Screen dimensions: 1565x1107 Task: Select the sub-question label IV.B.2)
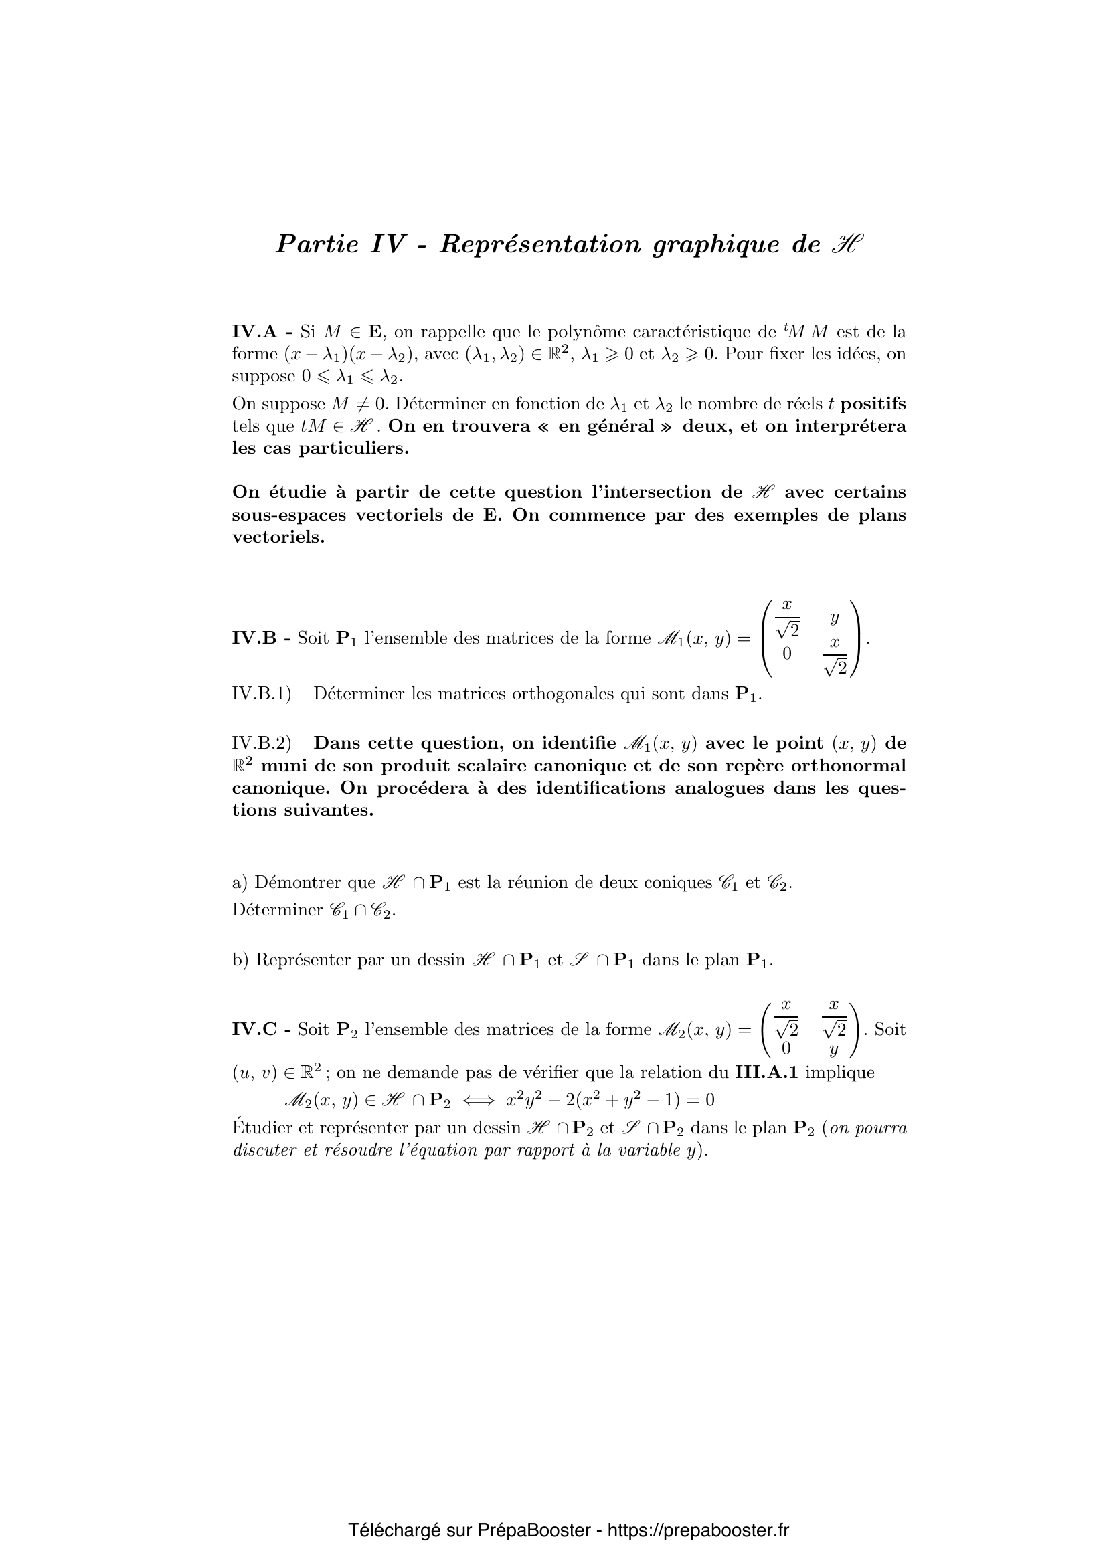tap(262, 743)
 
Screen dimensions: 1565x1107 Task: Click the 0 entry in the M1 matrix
tap(786, 653)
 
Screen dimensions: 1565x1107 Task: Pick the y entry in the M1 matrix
tap(835, 618)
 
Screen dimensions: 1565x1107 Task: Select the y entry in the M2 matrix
tap(833, 1050)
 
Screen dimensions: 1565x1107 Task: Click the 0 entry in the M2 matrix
tap(786, 1048)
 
